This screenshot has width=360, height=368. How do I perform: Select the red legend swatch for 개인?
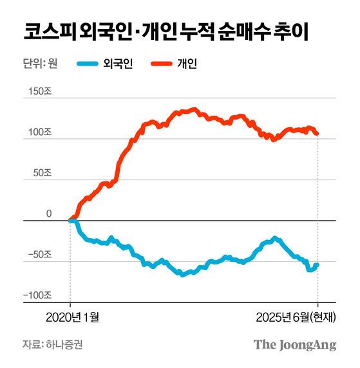coord(162,64)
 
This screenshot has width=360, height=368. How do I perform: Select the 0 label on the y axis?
coord(48,214)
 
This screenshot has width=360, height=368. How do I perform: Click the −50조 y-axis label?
coord(39,255)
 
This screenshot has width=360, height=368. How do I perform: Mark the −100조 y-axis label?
coord(37,295)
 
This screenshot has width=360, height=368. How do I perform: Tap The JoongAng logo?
coord(294,344)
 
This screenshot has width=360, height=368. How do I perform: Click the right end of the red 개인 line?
coord(317,133)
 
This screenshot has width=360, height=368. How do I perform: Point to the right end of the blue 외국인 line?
coord(317,264)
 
